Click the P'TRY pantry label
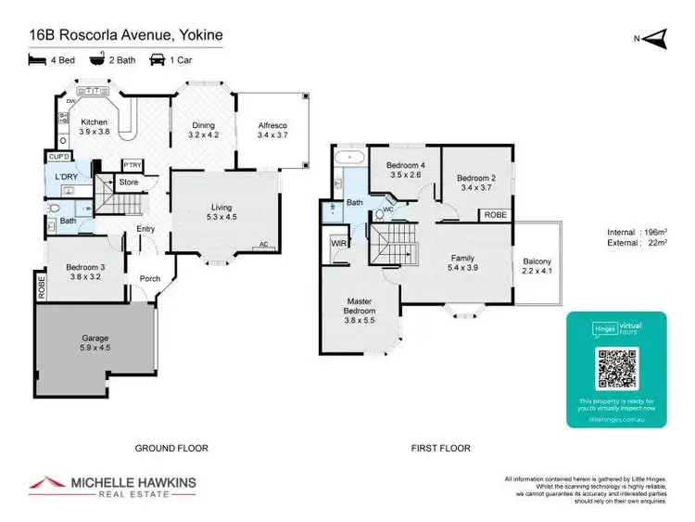(x=131, y=165)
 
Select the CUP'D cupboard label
(x=57, y=158)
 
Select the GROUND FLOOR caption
(x=171, y=448)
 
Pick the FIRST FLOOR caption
(x=441, y=448)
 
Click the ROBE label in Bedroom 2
(x=494, y=215)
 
